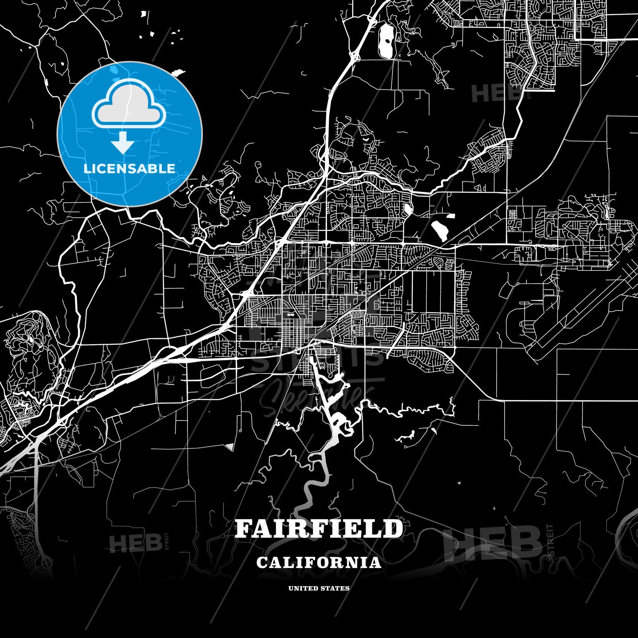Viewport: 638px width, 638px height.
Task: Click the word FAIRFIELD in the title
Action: point(319,529)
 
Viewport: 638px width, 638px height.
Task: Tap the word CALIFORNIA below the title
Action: point(319,562)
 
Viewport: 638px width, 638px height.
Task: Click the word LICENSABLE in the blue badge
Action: point(129,169)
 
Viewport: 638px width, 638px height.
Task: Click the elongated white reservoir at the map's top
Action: point(385,41)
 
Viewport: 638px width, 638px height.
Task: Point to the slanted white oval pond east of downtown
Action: point(439,230)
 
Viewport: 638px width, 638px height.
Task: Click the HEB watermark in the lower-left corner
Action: point(130,543)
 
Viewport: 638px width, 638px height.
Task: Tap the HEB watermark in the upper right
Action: point(490,93)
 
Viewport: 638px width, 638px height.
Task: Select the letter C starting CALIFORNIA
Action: point(262,563)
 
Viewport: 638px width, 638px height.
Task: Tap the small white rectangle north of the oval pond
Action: point(450,216)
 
